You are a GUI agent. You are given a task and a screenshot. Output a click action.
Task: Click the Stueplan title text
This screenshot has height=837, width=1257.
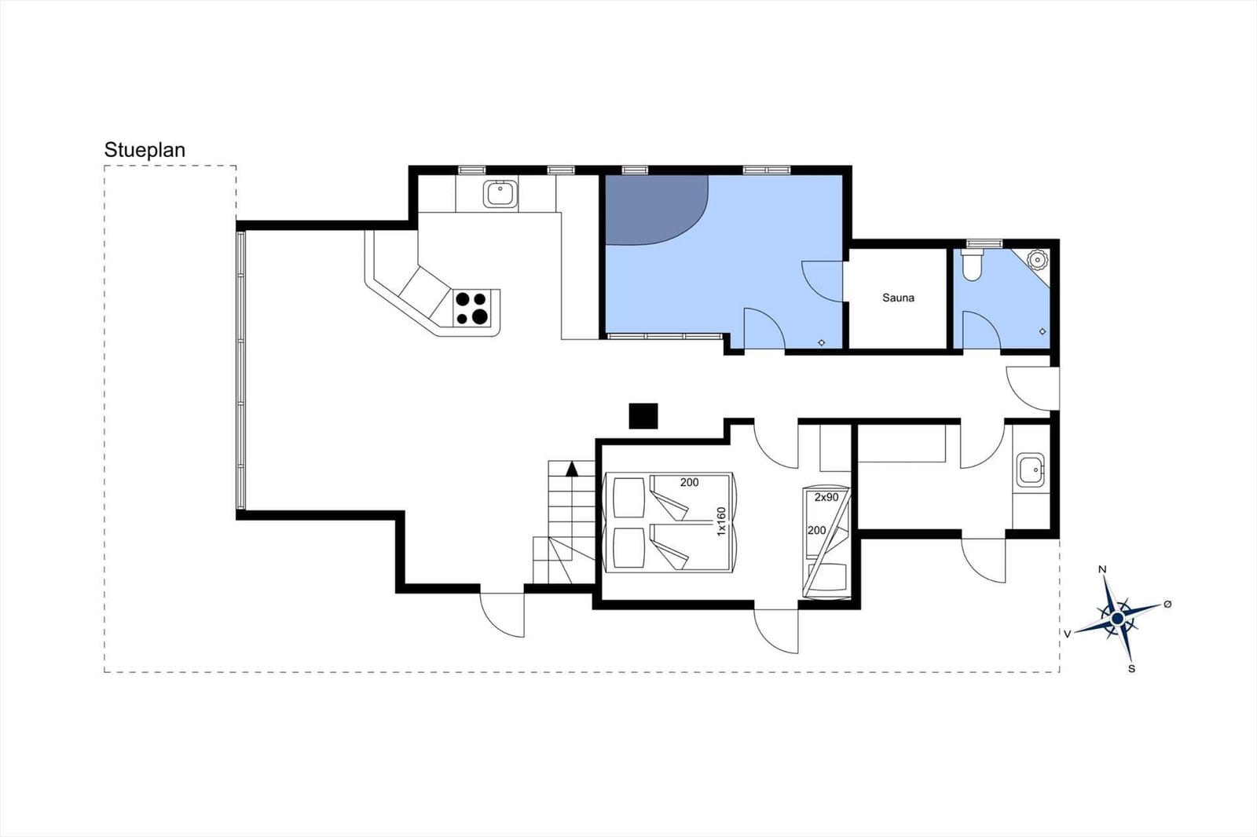(x=145, y=150)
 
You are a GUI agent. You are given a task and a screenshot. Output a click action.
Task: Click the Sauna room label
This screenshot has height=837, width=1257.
(x=898, y=298)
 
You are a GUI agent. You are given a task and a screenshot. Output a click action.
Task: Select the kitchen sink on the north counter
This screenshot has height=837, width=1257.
(x=500, y=193)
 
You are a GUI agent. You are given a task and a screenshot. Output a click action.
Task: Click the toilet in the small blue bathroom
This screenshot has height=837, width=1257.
(x=973, y=265)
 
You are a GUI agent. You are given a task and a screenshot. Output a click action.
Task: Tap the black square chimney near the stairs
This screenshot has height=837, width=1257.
(x=643, y=416)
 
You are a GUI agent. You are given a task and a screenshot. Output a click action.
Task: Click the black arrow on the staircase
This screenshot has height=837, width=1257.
(x=572, y=470)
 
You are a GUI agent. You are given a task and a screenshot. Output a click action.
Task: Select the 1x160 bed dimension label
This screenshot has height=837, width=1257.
(x=721, y=521)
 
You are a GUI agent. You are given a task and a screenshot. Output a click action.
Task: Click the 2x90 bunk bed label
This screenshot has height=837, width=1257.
(x=826, y=497)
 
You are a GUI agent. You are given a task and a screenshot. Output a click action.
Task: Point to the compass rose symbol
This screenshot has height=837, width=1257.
(x=1117, y=618)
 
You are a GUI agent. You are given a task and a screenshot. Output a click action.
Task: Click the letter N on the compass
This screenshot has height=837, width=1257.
(x=1102, y=570)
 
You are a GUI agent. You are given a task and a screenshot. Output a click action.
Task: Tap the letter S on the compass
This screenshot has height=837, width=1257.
(x=1131, y=669)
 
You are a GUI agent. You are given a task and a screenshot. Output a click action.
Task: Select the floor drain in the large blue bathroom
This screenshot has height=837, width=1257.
(x=822, y=342)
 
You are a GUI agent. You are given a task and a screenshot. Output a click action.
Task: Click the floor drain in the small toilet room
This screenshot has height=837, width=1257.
(x=1043, y=332)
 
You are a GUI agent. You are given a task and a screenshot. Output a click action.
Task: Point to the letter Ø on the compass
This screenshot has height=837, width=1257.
(x=1167, y=603)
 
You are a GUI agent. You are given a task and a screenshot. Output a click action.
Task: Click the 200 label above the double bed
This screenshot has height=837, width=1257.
(x=689, y=482)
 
